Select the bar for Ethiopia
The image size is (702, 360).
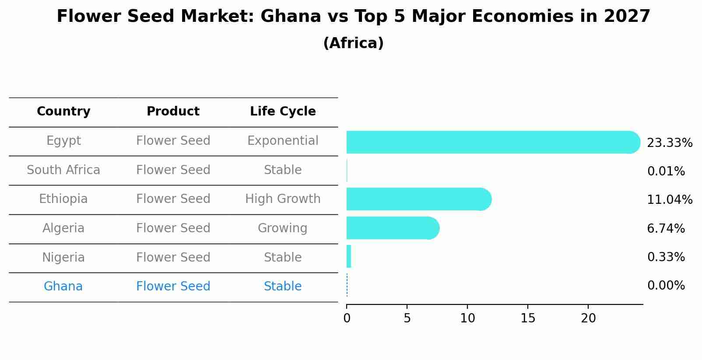click(x=418, y=199)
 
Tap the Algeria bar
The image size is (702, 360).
click(x=392, y=228)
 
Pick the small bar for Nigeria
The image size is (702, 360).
click(x=349, y=256)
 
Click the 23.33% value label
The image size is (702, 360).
click(x=669, y=143)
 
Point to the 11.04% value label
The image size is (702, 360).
click(x=669, y=200)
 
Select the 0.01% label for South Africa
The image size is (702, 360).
click(x=666, y=171)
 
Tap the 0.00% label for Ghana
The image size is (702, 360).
click(x=666, y=286)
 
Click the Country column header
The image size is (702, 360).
click(x=63, y=112)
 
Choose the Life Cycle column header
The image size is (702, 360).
click(x=283, y=112)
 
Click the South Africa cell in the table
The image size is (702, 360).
click(x=63, y=170)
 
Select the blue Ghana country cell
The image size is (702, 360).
click(x=63, y=287)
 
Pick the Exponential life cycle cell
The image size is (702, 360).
click(x=283, y=141)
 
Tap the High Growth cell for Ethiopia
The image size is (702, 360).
click(x=283, y=199)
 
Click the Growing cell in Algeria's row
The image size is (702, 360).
click(x=283, y=228)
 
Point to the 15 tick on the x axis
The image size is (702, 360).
click(x=528, y=318)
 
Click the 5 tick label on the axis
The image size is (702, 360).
click(x=407, y=318)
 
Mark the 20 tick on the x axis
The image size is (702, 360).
click(x=588, y=318)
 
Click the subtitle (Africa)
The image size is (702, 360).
click(x=353, y=43)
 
